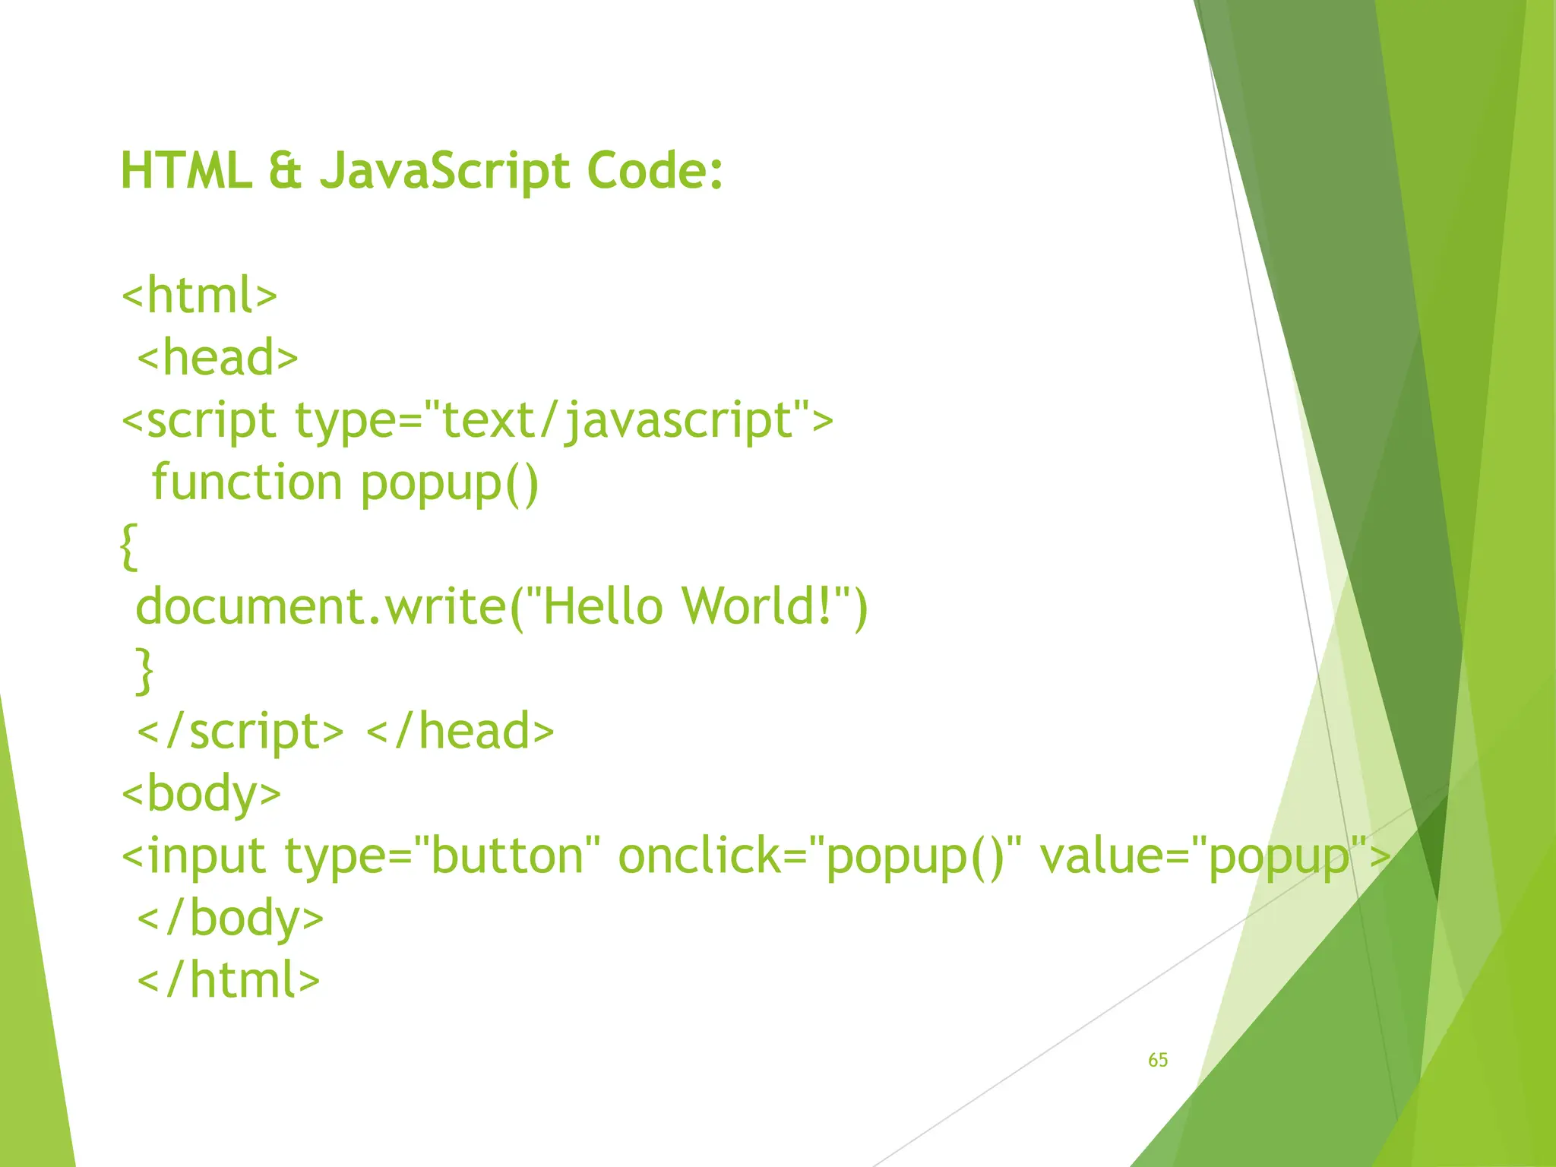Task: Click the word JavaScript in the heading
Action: [x=444, y=170]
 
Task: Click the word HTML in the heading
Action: [x=186, y=170]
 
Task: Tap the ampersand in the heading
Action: [x=285, y=170]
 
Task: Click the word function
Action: [x=247, y=483]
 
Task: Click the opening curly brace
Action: [x=129, y=546]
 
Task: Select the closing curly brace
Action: [x=144, y=670]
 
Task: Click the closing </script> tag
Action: [x=240, y=731]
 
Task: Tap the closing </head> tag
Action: [x=460, y=731]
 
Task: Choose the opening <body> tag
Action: [x=202, y=793]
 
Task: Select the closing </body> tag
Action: [x=230, y=918]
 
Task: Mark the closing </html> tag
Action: [x=229, y=980]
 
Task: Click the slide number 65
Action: [x=1158, y=1060]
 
